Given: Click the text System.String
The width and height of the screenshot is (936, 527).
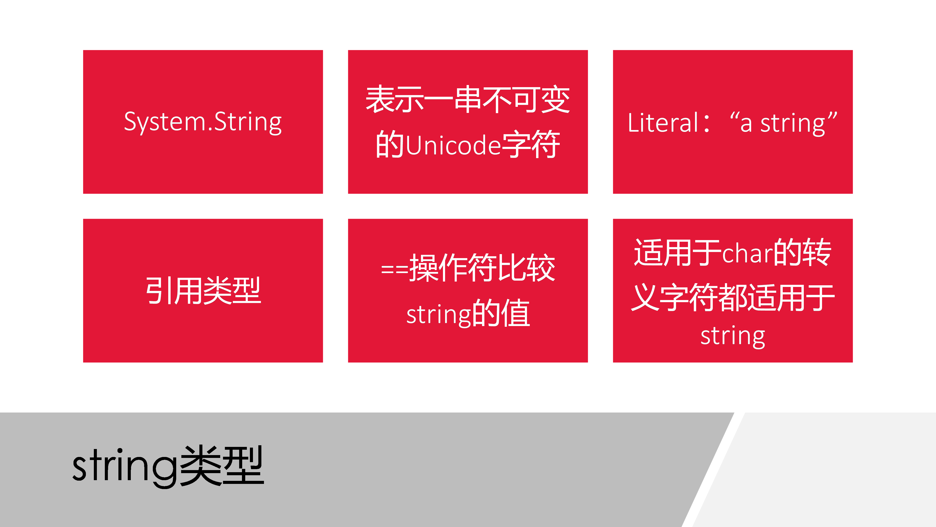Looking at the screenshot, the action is click(x=203, y=122).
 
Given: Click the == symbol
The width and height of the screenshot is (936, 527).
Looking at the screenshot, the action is click(x=395, y=270).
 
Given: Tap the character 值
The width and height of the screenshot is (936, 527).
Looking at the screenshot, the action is click(x=516, y=313).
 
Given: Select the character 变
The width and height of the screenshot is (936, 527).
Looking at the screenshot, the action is click(x=556, y=99).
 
